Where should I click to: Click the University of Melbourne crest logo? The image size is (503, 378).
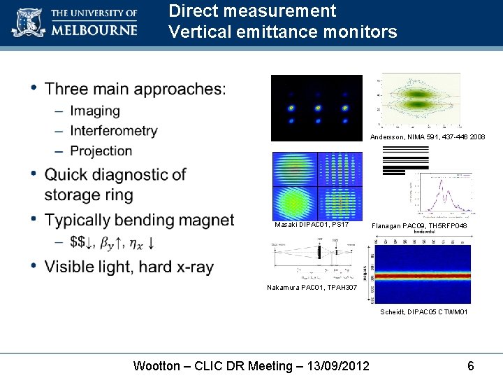[x=27, y=22]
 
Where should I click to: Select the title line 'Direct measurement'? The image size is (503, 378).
[x=252, y=11]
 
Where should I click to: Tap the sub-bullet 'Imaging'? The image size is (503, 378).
[x=95, y=111]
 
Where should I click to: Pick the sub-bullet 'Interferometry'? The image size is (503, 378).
[x=114, y=131]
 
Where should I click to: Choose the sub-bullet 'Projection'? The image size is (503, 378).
[x=101, y=150]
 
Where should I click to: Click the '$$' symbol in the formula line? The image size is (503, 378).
[x=79, y=242]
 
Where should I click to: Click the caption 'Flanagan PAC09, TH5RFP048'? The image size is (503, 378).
[x=419, y=226]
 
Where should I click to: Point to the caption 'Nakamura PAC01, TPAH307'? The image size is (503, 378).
[x=312, y=288]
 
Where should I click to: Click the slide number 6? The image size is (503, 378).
[x=471, y=365]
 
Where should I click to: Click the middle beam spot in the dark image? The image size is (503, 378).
[x=317, y=108]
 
